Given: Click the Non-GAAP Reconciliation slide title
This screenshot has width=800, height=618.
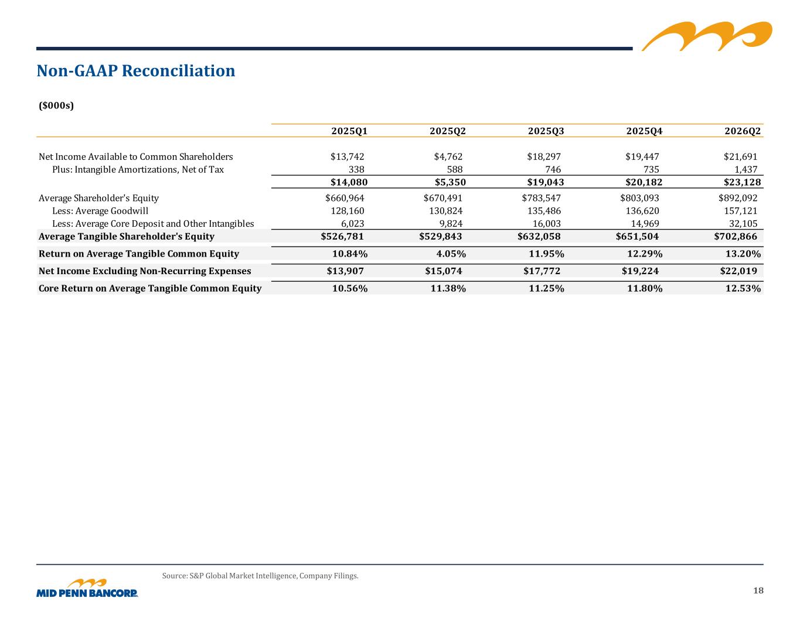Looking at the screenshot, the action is [x=135, y=71].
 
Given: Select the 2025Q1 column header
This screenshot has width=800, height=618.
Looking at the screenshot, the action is [x=349, y=131].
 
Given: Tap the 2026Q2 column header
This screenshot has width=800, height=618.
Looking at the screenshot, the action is [x=742, y=131].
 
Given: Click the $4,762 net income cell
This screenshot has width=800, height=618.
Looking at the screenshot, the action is [x=448, y=157].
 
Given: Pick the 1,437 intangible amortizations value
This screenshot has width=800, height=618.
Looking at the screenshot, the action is [x=746, y=169].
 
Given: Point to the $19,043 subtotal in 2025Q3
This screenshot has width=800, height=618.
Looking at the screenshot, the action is [x=545, y=182].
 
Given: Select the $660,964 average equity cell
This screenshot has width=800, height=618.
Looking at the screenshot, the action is [x=344, y=198].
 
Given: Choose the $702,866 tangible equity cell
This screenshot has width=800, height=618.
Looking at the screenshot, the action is [x=735, y=236].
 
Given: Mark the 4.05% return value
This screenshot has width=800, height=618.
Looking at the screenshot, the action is [x=451, y=254].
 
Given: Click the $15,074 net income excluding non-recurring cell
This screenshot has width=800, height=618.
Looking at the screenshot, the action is [x=443, y=271].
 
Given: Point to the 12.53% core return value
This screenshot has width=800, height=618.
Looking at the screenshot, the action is [x=743, y=288].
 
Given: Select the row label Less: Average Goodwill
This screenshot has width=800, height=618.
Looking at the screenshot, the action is [x=100, y=211].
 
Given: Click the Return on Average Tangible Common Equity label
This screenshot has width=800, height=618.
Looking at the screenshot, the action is [x=139, y=254].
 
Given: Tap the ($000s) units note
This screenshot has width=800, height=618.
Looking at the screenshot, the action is [x=56, y=105].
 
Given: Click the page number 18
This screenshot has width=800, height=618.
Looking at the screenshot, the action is [x=758, y=590].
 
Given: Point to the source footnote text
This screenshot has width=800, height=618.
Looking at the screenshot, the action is [x=260, y=576].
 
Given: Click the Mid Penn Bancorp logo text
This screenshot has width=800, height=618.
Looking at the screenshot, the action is [x=87, y=593].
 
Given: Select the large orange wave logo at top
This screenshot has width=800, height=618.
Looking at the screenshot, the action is [x=707, y=36].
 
